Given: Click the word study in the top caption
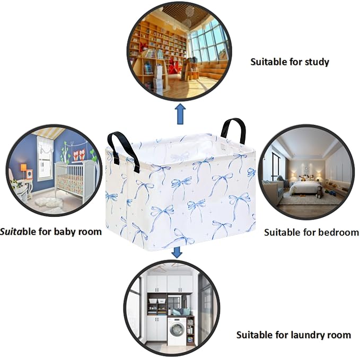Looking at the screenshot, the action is pyautogui.click(x=317, y=62).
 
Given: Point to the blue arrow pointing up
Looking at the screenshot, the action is pyautogui.click(x=180, y=114).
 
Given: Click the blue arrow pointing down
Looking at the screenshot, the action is pyautogui.click(x=177, y=252).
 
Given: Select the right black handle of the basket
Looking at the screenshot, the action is pyautogui.click(x=233, y=130).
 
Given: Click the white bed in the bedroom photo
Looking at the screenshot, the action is pyautogui.click(x=305, y=187).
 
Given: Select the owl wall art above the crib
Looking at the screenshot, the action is pyautogui.click(x=79, y=154).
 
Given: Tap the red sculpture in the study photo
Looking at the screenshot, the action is pyautogui.click(x=175, y=66).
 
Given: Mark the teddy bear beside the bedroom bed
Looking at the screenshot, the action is pyautogui.click(x=320, y=192).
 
